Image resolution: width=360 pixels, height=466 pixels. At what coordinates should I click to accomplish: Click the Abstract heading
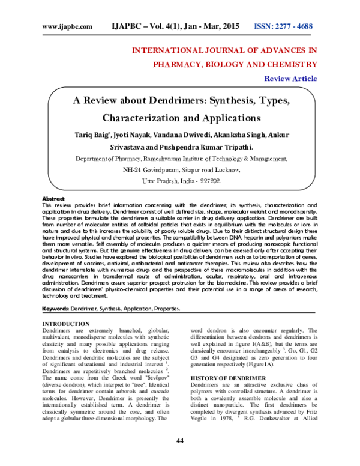tap(54, 198)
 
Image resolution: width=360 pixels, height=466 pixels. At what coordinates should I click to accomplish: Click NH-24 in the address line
tap(133, 170)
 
